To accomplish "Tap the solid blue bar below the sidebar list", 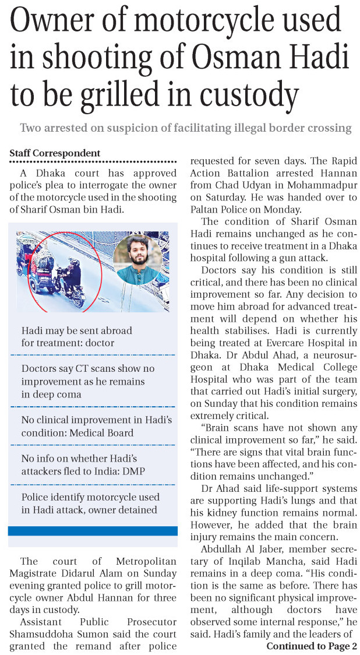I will [x=93, y=530].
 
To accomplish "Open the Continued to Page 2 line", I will [x=312, y=646].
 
